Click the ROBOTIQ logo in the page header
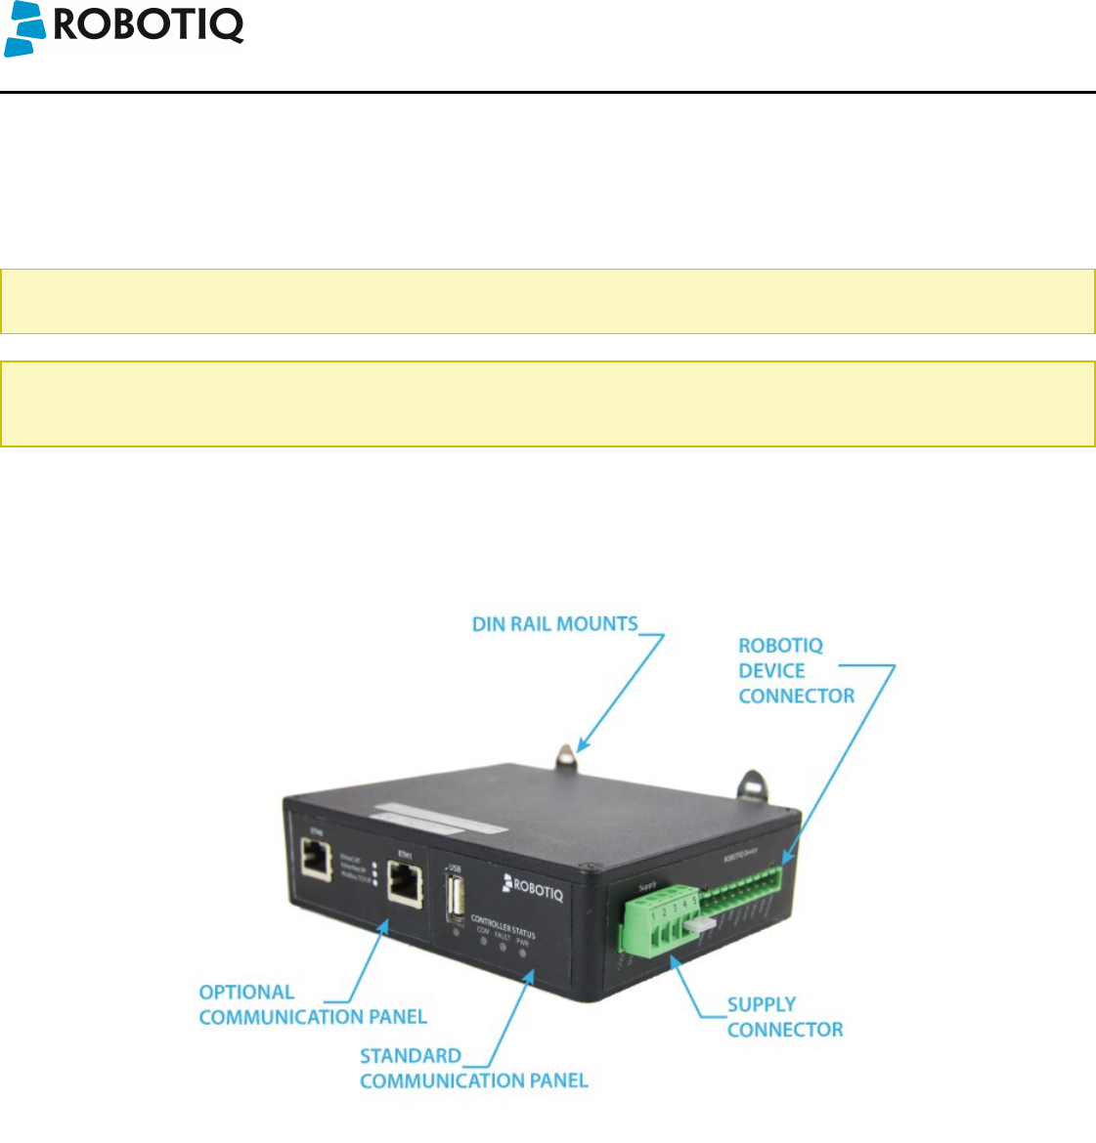click(x=123, y=27)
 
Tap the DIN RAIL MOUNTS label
click(x=554, y=624)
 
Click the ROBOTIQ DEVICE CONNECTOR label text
click(x=796, y=671)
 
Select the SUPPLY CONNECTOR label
click(x=784, y=1017)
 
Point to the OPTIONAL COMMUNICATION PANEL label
click(x=313, y=1004)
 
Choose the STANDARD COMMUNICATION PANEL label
click(x=473, y=1068)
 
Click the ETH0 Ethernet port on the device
click(x=315, y=861)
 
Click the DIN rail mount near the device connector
click(x=749, y=783)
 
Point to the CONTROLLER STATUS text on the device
click(x=503, y=925)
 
